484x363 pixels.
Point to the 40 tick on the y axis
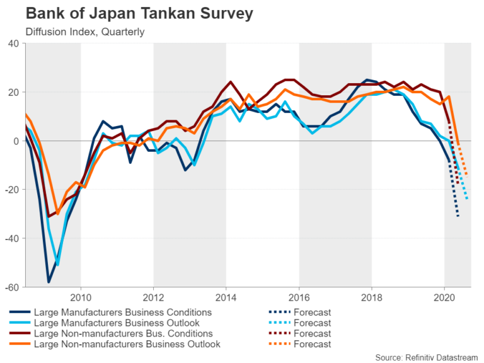coord(13,43)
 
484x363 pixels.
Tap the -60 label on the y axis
coord(11,287)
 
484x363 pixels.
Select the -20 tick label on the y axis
coord(11,190)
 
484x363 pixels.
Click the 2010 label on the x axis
coord(81,297)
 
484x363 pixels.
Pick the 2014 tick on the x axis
coord(226,297)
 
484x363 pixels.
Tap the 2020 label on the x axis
coord(444,297)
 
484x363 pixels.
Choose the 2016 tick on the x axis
coord(299,297)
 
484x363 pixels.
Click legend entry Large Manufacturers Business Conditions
coord(122,312)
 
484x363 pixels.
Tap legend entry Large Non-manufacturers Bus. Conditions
coord(122,333)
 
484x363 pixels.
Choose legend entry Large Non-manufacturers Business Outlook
coord(127,344)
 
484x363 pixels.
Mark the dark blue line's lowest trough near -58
coord(48,282)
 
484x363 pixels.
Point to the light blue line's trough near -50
coord(57,264)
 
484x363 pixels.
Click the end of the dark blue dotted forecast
coord(458,217)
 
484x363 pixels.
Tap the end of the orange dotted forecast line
coord(466,175)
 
